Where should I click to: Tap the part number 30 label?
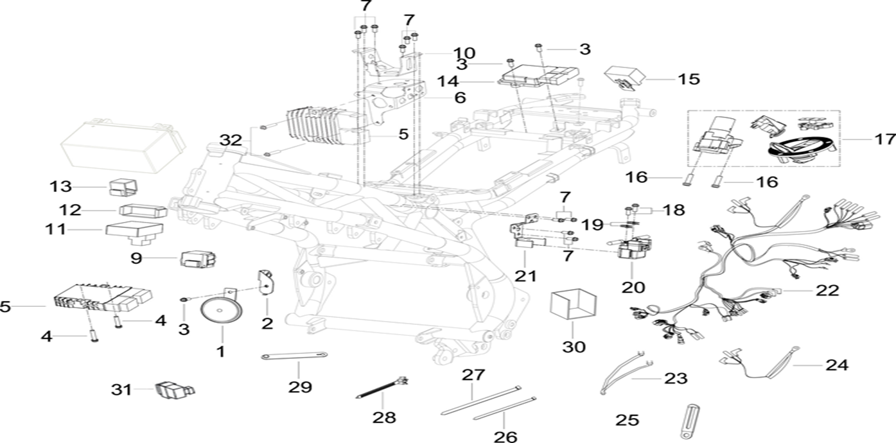(574, 347)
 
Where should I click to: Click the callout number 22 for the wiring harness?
(827, 290)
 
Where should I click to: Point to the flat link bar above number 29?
(295, 357)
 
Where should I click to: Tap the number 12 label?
(71, 210)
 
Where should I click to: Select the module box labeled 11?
(135, 230)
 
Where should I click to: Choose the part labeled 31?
(171, 390)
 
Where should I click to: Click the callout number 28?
(384, 417)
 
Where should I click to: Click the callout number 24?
(837, 365)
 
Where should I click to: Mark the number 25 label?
(627, 421)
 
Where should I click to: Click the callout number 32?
(231, 139)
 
